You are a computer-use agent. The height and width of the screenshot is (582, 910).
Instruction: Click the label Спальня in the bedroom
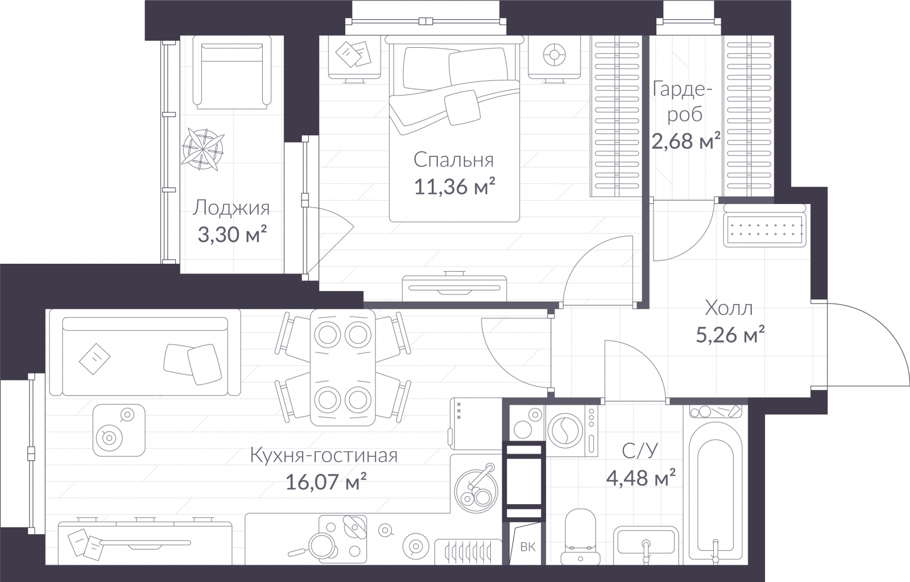453,160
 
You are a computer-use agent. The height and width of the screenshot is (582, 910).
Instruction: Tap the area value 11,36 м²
454,186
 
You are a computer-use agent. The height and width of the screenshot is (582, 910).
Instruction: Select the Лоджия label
231,208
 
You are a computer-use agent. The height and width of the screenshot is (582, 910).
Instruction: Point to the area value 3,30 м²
232,234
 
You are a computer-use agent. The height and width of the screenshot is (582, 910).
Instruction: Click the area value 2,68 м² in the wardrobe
686,142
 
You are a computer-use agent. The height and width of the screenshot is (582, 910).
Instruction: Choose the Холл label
729,308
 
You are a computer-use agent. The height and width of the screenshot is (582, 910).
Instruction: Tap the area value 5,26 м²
730,334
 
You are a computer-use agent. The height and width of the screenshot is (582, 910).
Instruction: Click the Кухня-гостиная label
324,455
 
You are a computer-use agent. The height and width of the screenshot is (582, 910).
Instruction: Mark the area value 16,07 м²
326,482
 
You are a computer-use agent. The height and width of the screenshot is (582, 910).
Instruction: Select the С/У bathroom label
640,451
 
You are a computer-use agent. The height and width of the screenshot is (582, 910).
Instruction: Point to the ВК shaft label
528,547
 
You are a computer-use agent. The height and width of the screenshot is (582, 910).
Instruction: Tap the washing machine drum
565,431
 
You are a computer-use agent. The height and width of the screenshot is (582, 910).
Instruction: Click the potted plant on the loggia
202,149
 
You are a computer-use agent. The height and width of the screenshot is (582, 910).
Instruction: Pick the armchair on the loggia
231,72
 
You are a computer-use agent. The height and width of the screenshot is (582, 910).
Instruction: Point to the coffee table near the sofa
119,430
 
